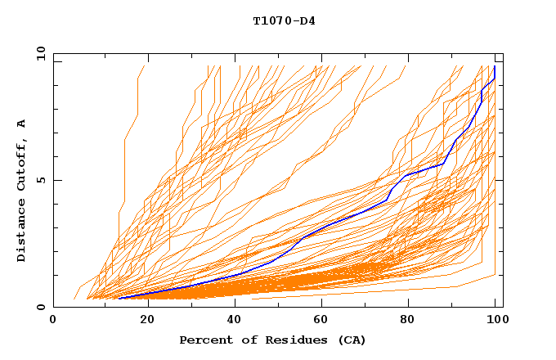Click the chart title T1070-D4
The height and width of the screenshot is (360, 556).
pyautogui.click(x=284, y=20)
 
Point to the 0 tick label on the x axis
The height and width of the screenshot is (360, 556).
pyautogui.click(x=54, y=320)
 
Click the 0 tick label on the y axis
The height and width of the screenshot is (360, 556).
pyautogui.click(x=39, y=308)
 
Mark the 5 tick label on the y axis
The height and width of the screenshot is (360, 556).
pyautogui.click(x=39, y=180)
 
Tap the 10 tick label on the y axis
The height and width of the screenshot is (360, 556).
pyautogui.click(x=36, y=52)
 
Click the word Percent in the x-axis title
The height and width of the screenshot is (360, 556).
pyautogui.click(x=204, y=340)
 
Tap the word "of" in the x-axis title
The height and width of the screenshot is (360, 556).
pyautogui.click(x=244, y=340)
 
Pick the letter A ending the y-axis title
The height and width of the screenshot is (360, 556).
pyautogui.click(x=22, y=124)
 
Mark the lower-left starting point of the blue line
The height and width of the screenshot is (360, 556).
pyautogui.click(x=119, y=298)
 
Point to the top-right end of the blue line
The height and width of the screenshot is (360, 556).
pyautogui.click(x=495, y=67)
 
